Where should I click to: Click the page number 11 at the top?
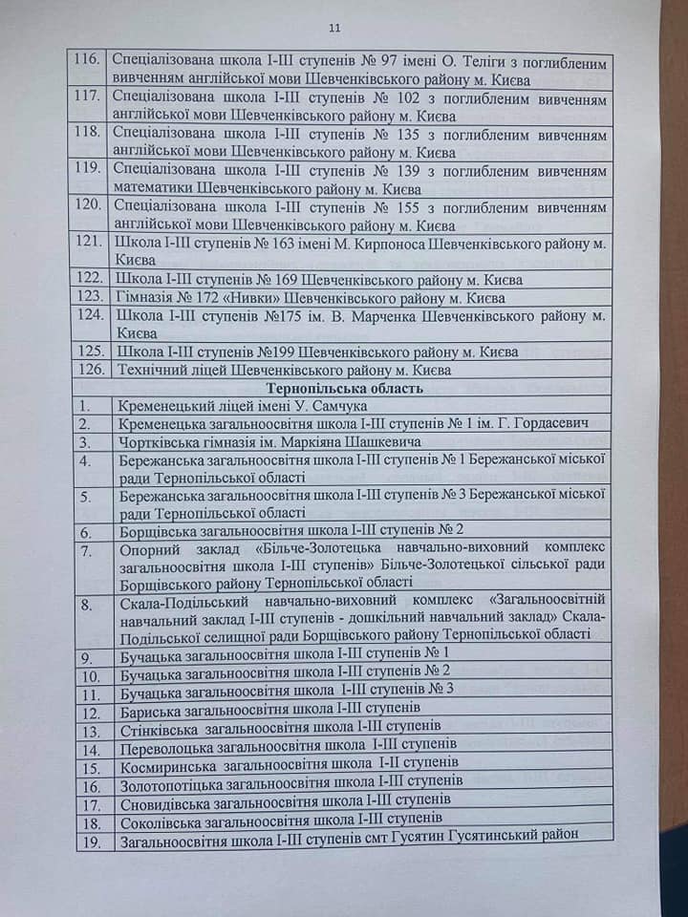click(333, 28)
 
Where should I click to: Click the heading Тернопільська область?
click(344, 388)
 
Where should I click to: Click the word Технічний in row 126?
click(150, 370)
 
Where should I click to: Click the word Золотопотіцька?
click(175, 784)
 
